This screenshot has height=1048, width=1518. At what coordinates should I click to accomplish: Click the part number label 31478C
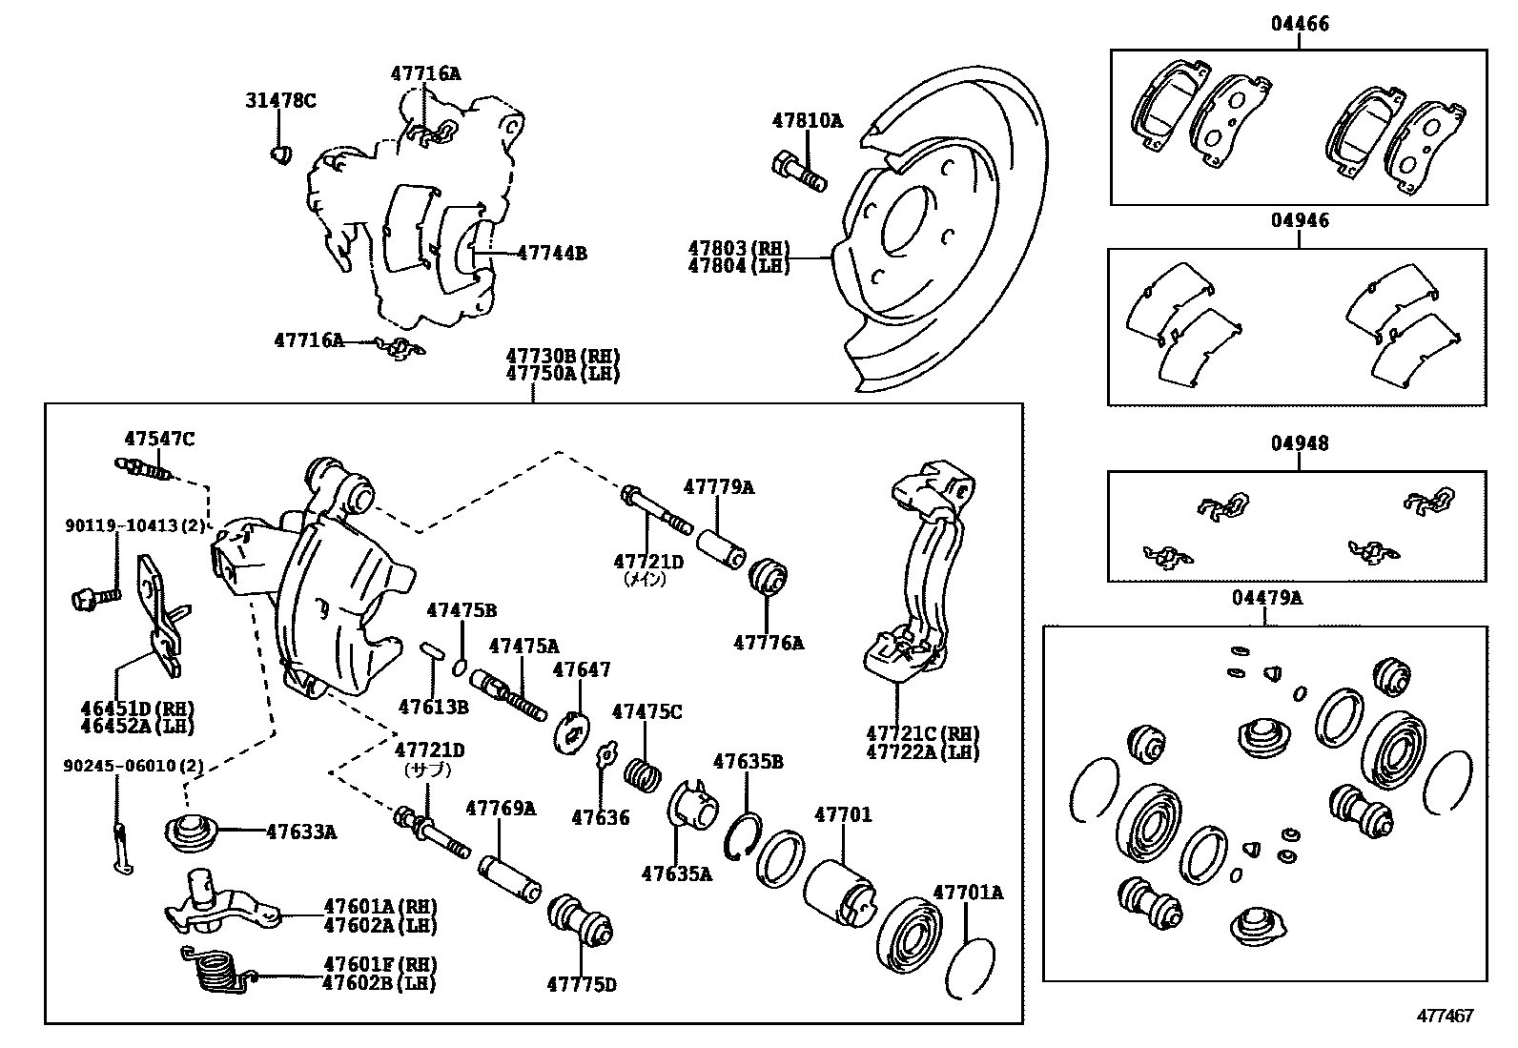(x=279, y=100)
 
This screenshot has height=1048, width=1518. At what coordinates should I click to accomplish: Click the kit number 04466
(x=1299, y=24)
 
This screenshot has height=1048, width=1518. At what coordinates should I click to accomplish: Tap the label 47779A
(x=719, y=487)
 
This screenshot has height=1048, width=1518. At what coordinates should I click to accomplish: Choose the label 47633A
(x=300, y=832)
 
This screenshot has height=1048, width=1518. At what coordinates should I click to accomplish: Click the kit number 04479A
(x=1266, y=599)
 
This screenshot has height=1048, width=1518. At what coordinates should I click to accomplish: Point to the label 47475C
(x=646, y=711)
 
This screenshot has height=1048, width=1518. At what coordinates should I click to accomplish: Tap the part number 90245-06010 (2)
(x=133, y=766)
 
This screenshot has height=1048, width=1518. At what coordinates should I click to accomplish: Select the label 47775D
(x=581, y=984)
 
